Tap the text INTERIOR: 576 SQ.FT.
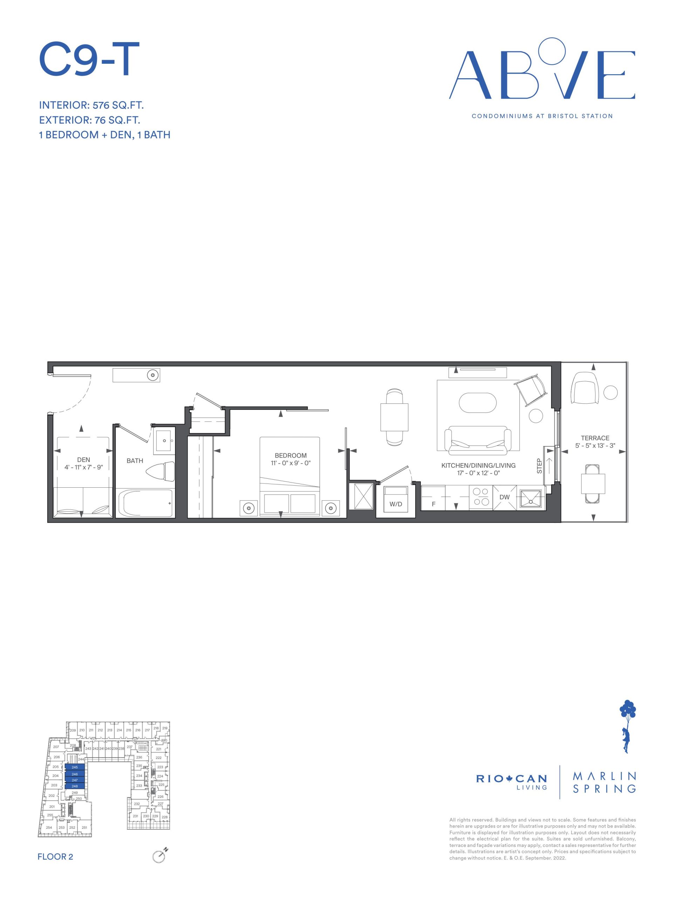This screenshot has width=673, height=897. click(91, 105)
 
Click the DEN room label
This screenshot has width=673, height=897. click(83, 459)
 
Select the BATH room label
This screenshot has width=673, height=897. click(135, 461)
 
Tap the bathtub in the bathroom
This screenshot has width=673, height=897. click(145, 503)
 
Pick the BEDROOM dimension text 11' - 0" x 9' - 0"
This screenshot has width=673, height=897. click(291, 463)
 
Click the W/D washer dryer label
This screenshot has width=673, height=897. click(395, 504)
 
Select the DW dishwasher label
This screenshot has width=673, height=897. click(504, 497)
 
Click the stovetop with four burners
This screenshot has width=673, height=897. click(481, 497)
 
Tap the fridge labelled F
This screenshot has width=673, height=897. click(433, 497)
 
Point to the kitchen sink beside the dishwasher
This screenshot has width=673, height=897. click(531, 497)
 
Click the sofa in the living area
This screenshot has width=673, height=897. click(477, 440)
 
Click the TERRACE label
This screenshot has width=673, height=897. click(595, 438)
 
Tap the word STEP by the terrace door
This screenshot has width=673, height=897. click(539, 466)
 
